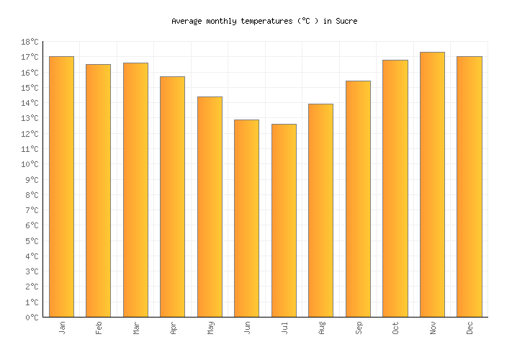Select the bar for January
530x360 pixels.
(61, 186)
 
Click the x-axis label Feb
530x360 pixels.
(99, 328)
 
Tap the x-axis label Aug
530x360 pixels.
(321, 328)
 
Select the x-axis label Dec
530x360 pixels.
(470, 328)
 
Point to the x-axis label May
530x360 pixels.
(210, 328)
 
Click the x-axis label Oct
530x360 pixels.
(395, 328)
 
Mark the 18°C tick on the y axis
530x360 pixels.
(32, 42)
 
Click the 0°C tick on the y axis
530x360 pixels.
(34, 318)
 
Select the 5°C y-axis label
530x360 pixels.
(34, 241)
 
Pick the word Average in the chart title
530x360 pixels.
(187, 22)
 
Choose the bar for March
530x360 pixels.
(135, 190)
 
